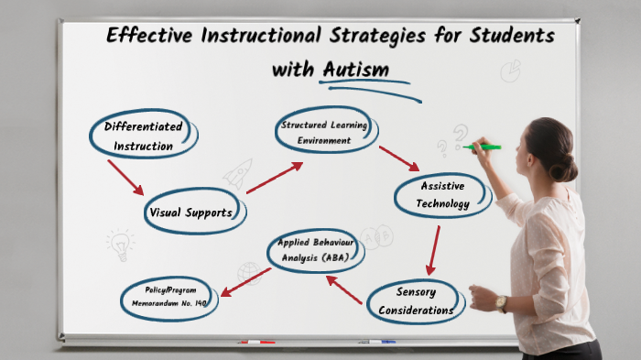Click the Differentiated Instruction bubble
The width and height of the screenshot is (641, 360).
[x=144, y=136]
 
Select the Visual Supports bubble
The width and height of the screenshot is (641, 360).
[x=197, y=213]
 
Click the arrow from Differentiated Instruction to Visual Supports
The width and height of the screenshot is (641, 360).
[x=125, y=177]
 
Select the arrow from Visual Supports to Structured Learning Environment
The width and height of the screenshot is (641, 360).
[x=274, y=179]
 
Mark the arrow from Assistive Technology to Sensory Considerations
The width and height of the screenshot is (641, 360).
[x=432, y=250]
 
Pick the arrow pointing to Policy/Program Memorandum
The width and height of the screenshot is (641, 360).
[x=244, y=282]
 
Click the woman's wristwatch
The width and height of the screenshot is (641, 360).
[x=501, y=303]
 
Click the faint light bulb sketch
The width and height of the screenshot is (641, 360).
[x=119, y=245]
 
